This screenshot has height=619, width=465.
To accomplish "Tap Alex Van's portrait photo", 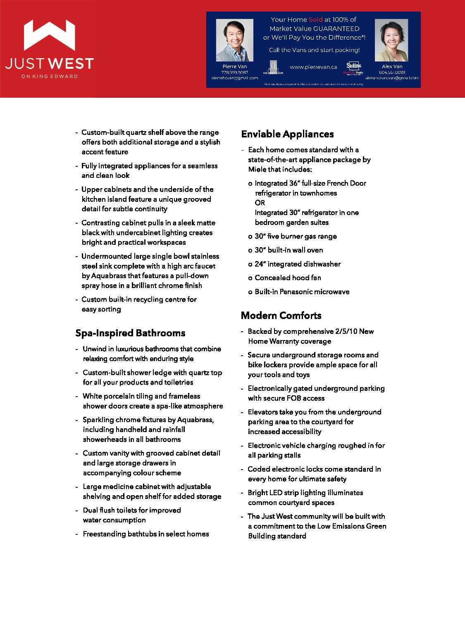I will point(391,40).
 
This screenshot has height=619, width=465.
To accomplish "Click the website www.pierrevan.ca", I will point(313,67).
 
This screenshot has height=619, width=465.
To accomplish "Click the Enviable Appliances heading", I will point(287,134).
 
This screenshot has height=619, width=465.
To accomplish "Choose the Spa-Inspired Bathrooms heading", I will point(130,333).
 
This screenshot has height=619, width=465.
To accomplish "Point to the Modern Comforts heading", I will point(281,316).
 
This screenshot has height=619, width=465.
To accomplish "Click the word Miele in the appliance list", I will point(257,169).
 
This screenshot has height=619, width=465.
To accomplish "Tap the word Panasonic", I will point(296,292).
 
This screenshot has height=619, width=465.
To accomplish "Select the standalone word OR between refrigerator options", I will point(260,203).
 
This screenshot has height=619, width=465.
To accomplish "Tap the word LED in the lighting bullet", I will point(275,493).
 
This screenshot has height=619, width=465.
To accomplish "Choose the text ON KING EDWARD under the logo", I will point(49,76).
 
